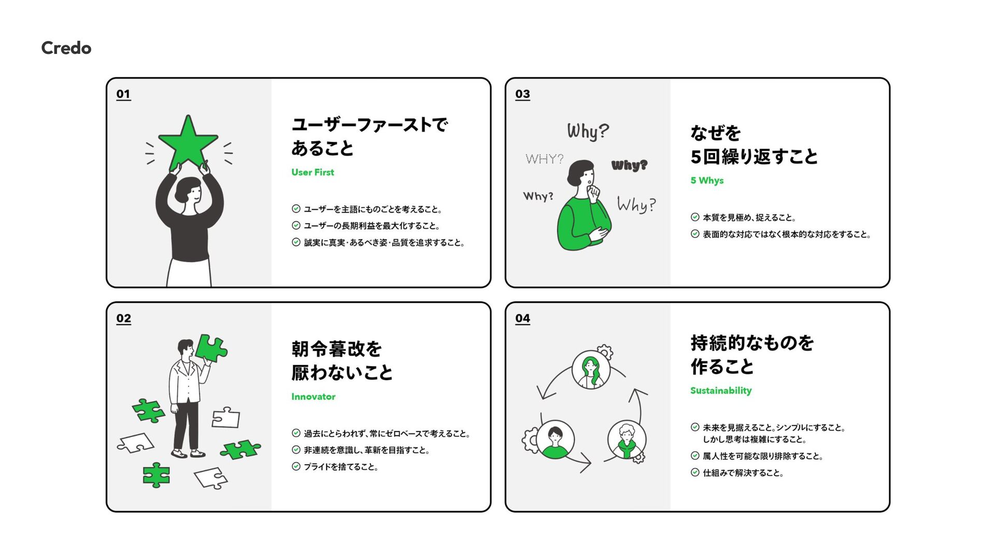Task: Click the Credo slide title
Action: click(66, 48)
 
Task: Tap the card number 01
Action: click(123, 94)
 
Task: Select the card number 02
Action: click(123, 318)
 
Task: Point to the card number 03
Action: click(522, 94)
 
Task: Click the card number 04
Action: click(522, 318)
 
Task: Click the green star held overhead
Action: click(188, 143)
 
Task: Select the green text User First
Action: click(312, 172)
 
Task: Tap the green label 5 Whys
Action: click(707, 180)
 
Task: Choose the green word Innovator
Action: click(313, 397)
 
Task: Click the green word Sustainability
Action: click(721, 390)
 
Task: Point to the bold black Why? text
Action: click(629, 165)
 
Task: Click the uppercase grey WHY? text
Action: click(544, 159)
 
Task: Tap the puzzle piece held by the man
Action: click(211, 348)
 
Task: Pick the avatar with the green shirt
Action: click(555, 440)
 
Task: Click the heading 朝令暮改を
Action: click(336, 349)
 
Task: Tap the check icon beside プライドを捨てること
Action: click(296, 467)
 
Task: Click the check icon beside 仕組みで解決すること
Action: click(695, 472)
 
